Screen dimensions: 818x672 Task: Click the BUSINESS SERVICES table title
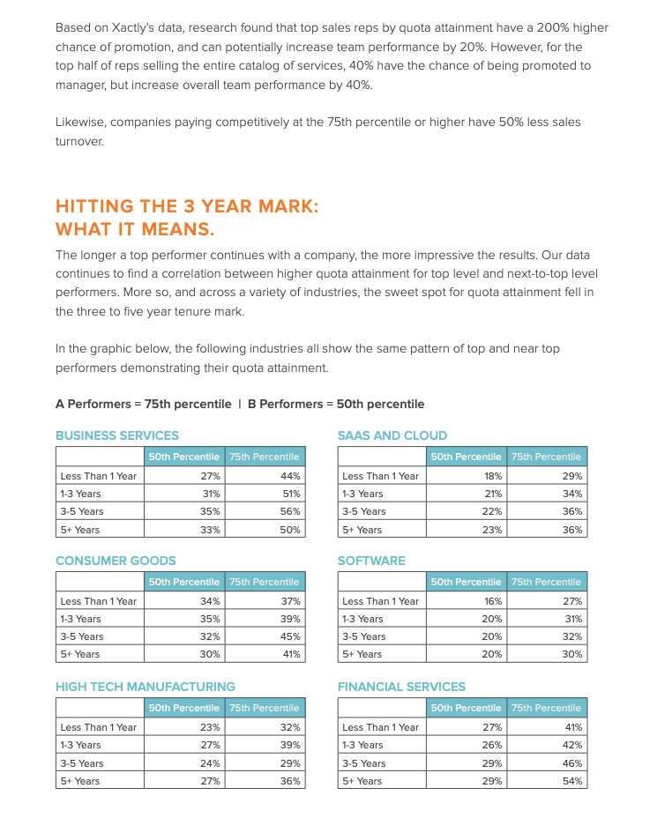(117, 435)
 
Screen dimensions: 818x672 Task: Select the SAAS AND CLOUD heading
(392, 435)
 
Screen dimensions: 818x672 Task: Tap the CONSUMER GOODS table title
(116, 561)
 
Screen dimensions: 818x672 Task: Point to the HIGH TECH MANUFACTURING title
(146, 687)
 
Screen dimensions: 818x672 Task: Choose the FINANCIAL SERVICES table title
(401, 687)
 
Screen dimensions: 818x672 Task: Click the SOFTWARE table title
(371, 561)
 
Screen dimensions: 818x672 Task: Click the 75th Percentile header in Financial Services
(546, 708)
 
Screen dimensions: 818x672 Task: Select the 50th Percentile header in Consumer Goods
(183, 582)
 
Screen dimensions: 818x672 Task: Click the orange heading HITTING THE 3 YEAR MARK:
(187, 206)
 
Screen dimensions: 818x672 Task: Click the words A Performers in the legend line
(92, 404)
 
